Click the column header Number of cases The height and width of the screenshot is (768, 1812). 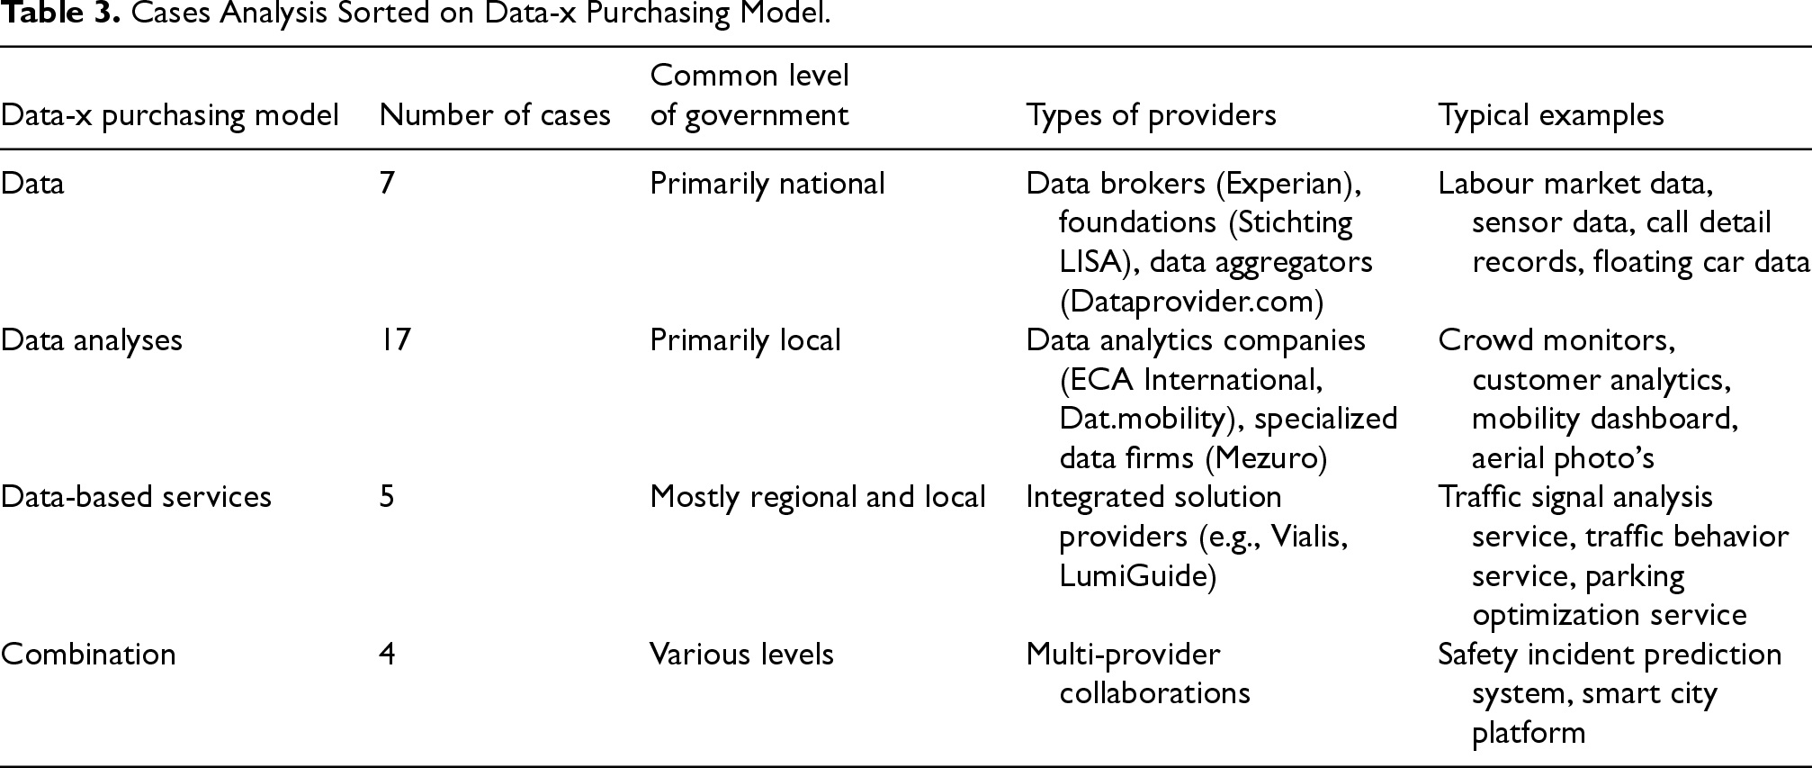point(495,115)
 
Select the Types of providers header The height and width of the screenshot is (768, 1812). point(1151,115)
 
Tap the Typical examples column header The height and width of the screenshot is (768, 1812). point(1551,115)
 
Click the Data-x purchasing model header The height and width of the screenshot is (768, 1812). point(170,115)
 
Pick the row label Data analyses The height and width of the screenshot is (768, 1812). point(92,340)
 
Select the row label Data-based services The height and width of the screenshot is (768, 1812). point(136,497)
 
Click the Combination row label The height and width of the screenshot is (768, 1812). point(88,654)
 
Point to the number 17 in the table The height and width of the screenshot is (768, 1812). point(395,340)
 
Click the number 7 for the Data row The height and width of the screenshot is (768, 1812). point(387,184)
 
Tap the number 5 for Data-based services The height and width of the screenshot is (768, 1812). point(387,497)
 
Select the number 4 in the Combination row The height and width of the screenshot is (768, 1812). point(388,654)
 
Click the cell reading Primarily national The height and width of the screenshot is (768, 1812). point(767,184)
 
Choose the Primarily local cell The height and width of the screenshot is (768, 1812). point(745,340)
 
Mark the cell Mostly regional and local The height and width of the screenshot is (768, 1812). point(818,497)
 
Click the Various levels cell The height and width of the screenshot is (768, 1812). point(742,654)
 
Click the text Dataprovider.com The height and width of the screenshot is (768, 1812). point(1192,302)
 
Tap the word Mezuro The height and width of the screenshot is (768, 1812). point(1266,458)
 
